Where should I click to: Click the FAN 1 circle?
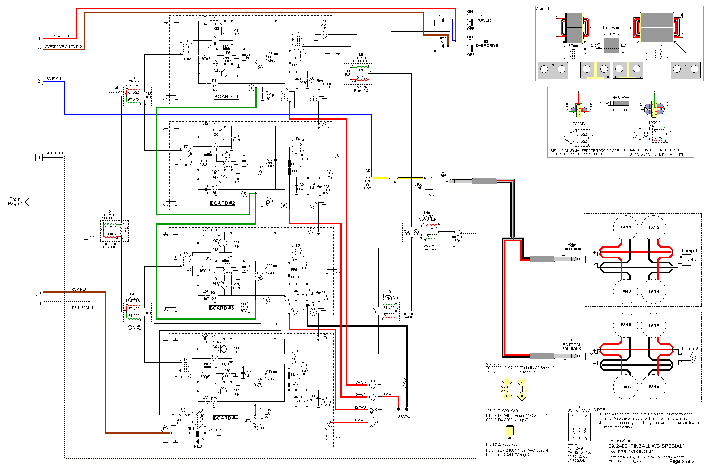tap(625, 227)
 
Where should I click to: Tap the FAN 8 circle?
tap(653, 387)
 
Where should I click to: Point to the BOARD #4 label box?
tap(226, 418)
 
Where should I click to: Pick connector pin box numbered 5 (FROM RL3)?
tap(40, 292)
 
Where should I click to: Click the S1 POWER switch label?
tap(483, 18)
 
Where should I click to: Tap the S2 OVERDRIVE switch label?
tap(486, 44)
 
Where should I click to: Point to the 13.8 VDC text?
tap(403, 417)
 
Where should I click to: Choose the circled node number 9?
tap(325, 126)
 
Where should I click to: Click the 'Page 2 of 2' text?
tap(682, 461)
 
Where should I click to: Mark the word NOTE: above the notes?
tap(600, 410)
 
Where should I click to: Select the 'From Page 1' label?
tap(15, 201)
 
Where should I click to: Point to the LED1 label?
tap(441, 13)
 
